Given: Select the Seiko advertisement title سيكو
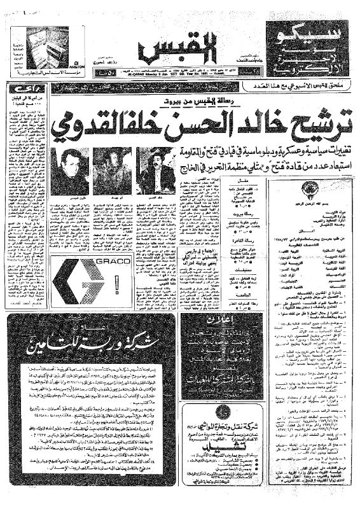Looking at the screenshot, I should click(308, 32).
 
